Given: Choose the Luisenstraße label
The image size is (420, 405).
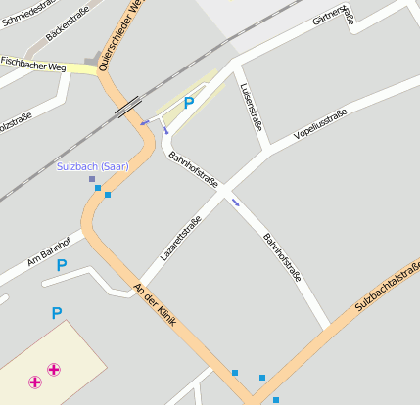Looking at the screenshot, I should [x=251, y=106].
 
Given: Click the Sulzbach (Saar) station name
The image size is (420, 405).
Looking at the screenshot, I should [x=93, y=166].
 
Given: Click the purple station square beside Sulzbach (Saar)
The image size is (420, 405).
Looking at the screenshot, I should [x=92, y=179].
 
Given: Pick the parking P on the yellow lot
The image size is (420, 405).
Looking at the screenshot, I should [x=189, y=102].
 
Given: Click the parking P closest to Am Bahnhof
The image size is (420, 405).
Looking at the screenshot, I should [x=62, y=264].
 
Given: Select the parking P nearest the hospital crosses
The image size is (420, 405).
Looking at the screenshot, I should [x=57, y=313].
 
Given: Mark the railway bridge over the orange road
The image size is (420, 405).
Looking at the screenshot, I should [x=128, y=107].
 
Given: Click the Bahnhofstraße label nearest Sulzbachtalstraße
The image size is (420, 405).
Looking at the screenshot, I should [x=283, y=257].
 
